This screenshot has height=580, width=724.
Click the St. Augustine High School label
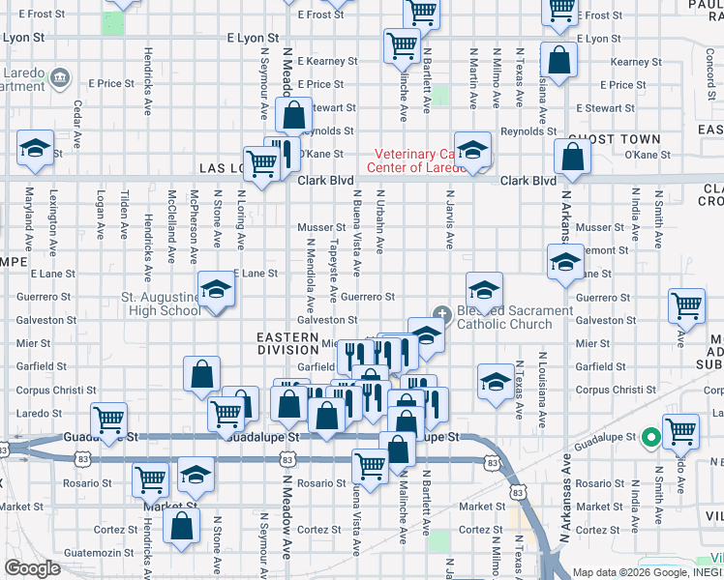coord(160,304)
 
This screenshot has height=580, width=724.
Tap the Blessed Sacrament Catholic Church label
coord(514,317)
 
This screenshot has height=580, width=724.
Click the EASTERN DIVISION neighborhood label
coord(287,343)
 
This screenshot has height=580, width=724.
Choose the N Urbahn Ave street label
coord(380,228)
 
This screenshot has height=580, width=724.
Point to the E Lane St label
coord(255,274)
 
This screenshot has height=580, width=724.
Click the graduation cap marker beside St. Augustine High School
coord(216,290)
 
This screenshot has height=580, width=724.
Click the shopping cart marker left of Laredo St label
coord(108,420)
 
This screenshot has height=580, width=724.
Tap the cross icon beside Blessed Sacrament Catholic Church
coord(442,312)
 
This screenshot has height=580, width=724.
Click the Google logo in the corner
coord(32,568)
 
